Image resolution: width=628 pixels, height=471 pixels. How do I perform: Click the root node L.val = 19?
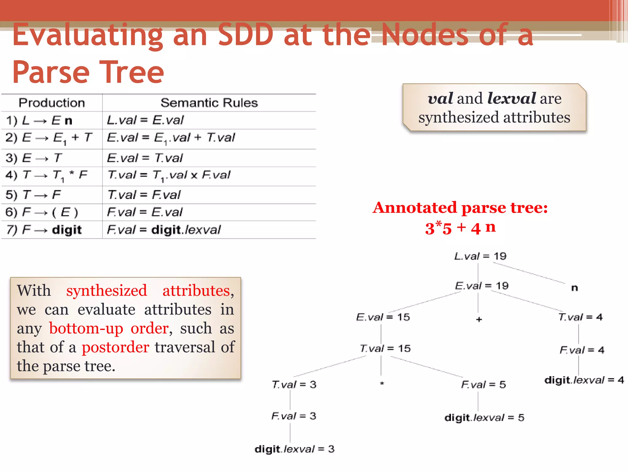[x=480, y=256]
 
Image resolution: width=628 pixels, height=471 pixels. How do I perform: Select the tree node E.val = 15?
[x=383, y=317]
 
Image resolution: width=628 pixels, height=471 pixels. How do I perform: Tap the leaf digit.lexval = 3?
[x=294, y=449]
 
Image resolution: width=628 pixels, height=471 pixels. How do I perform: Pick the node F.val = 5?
[x=483, y=385]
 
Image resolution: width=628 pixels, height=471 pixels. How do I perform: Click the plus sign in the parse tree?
[x=479, y=320]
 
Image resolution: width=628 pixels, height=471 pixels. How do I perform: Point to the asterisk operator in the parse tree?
[x=382, y=384]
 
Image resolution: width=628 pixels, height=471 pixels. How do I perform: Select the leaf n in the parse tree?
[x=574, y=288]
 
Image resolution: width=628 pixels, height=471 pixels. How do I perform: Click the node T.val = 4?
[x=580, y=317]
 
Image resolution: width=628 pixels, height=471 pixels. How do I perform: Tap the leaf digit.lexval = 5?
[x=484, y=418]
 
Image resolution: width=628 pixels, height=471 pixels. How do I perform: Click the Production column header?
[x=52, y=103]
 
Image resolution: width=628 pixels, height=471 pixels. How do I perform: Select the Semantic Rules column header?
[x=209, y=103]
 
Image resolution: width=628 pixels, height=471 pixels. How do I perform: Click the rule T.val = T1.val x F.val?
[x=169, y=175]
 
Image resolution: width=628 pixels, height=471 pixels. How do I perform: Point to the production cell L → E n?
[x=39, y=121]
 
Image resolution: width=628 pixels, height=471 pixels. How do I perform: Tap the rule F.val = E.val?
[x=144, y=212]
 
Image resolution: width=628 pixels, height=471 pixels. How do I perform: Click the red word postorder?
[x=115, y=347]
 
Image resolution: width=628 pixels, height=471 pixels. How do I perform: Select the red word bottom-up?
[x=86, y=328]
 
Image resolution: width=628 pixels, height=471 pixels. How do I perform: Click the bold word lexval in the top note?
[x=511, y=98]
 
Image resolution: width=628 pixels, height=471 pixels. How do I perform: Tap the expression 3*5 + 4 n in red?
[x=460, y=228]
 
